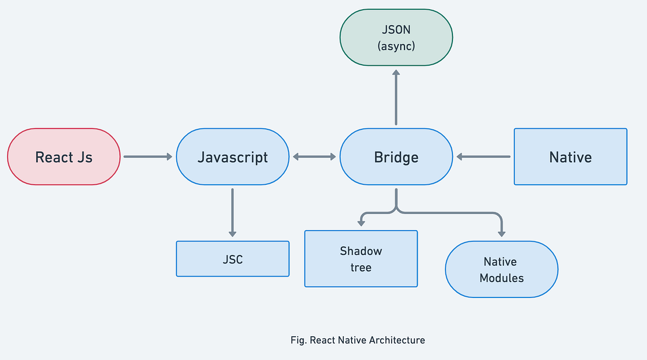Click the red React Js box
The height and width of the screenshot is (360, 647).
[x=64, y=157]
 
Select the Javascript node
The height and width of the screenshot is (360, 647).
[x=232, y=157]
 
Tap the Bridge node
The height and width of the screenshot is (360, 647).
[x=396, y=157]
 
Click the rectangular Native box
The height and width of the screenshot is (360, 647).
[x=570, y=157]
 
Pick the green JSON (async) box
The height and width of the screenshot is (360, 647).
[x=396, y=38]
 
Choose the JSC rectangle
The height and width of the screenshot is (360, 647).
[x=232, y=259]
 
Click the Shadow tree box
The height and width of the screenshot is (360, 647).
[x=361, y=259]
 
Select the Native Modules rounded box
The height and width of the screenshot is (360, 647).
[x=501, y=269]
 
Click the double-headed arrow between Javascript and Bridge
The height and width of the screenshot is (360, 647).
[x=314, y=157]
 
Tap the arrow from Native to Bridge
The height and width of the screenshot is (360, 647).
[x=483, y=157]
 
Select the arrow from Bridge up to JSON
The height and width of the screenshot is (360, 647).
[x=396, y=97]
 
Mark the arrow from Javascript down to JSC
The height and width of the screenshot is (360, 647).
[x=232, y=212]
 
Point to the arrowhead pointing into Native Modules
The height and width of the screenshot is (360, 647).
[x=501, y=233]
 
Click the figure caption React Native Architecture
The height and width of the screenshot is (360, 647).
[x=357, y=340]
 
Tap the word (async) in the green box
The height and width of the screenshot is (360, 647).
[x=396, y=46]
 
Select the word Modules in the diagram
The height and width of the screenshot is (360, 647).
[x=501, y=278]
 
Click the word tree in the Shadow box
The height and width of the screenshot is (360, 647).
[x=361, y=267]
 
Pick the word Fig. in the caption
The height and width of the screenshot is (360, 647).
[x=297, y=340]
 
